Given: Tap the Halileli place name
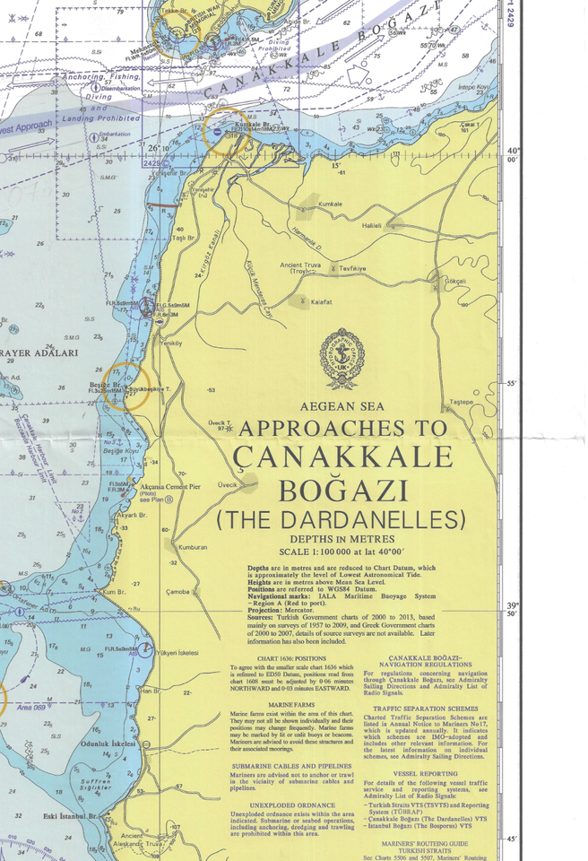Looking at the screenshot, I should [372, 226].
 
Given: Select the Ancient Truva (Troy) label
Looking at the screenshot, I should [302, 267].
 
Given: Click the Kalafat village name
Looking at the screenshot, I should [322, 302].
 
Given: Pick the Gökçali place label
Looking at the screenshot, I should [455, 282].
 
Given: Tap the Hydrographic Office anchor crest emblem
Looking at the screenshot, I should [342, 359].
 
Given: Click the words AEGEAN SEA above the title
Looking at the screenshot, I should [342, 406].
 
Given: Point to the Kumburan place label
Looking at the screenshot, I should [193, 547].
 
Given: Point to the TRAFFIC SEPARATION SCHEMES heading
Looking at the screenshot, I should [431, 708].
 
